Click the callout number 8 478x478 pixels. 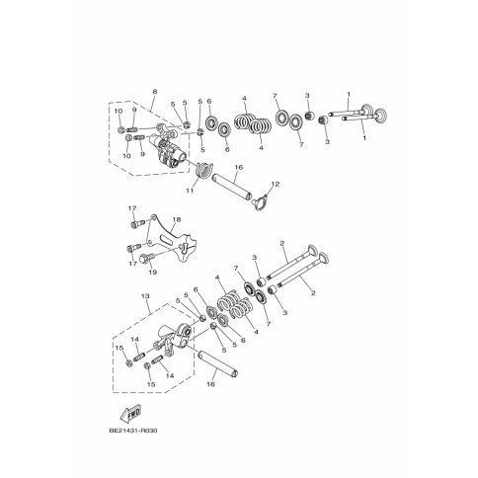pyautogui.click(x=155, y=91)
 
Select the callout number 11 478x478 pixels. pyautogui.click(x=190, y=191)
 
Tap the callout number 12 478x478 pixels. pyautogui.click(x=276, y=184)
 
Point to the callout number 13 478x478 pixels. pyautogui.click(x=145, y=296)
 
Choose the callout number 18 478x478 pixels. pyautogui.click(x=177, y=219)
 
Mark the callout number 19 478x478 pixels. pyautogui.click(x=152, y=273)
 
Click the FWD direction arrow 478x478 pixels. pyautogui.click(x=130, y=414)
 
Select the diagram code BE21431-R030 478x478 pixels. pyautogui.click(x=132, y=431)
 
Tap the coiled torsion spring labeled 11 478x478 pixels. pyautogui.click(x=204, y=170)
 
